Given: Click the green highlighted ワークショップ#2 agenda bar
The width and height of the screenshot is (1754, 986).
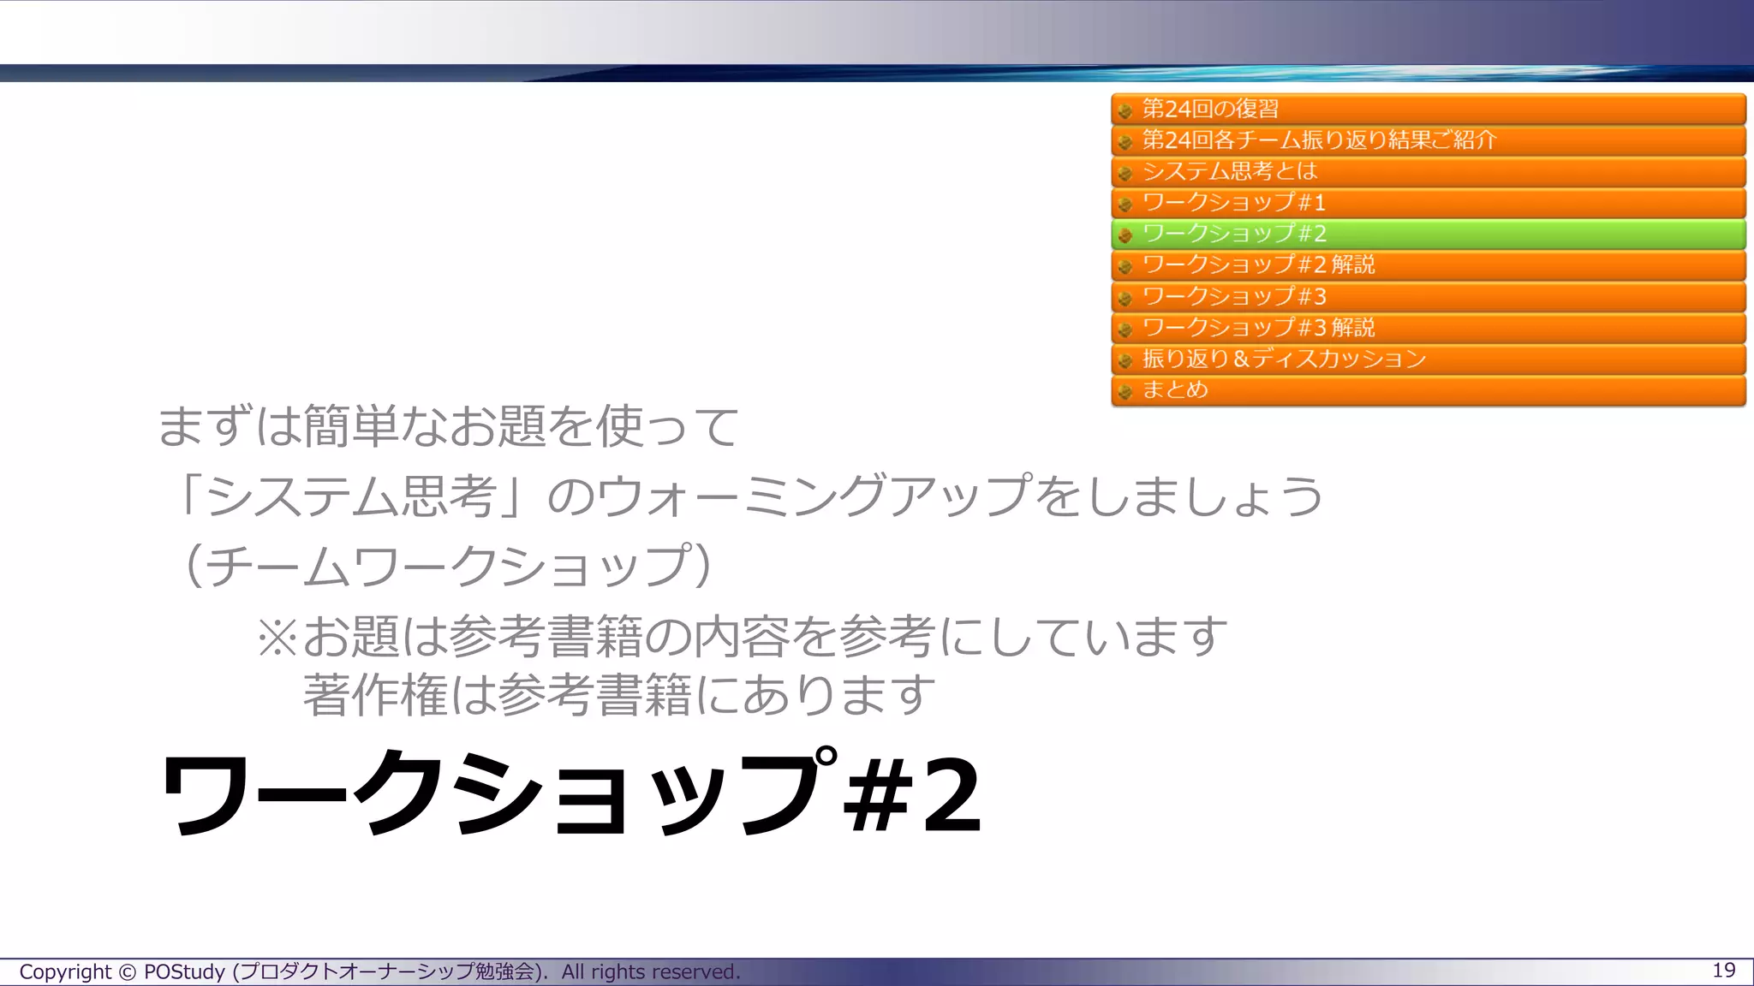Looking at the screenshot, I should (1428, 234).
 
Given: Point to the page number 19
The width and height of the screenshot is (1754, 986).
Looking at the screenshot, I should (1723, 970).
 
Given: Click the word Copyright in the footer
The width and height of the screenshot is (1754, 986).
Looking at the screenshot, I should (65, 972).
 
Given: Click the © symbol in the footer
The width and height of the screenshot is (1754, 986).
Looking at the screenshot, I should (127, 972).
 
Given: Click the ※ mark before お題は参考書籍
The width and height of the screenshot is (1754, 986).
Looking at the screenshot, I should (277, 638).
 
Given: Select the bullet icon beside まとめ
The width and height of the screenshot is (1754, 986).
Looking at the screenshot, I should (1125, 392).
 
